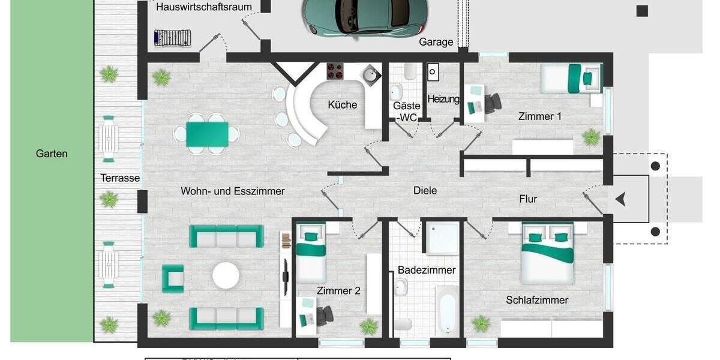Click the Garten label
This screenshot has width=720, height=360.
pyautogui.click(x=52, y=154)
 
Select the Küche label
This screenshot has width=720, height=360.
pyautogui.click(x=342, y=105)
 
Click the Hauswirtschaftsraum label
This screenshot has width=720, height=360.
pyautogui.click(x=204, y=7)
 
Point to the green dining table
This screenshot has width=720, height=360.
pyautogui.click(x=207, y=134)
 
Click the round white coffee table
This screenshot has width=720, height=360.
pyautogui.click(x=226, y=275)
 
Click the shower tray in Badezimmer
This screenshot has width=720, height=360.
pyautogui.click(x=442, y=237)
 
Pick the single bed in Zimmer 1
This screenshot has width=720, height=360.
pyautogui.click(x=571, y=79)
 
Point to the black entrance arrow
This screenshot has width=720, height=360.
pyautogui.click(x=620, y=199)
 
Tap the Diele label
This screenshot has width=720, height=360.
pyautogui.click(x=425, y=191)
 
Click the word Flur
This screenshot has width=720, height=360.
pyautogui.click(x=528, y=199)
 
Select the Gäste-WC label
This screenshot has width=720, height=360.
pyautogui.click(x=406, y=112)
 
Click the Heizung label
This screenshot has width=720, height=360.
pyautogui.click(x=443, y=100)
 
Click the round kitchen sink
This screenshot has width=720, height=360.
pyautogui.click(x=371, y=75)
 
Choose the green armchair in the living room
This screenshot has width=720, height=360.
pyautogui.click(x=173, y=278)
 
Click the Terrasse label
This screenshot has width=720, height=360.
pyautogui.click(x=120, y=178)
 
